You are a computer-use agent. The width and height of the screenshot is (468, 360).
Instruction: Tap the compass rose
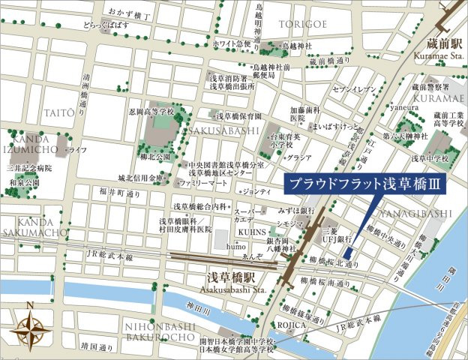[29, 327]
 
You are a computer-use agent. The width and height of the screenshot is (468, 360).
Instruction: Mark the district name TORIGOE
[302, 24]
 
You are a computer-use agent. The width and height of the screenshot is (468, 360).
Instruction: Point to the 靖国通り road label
[99, 347]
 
